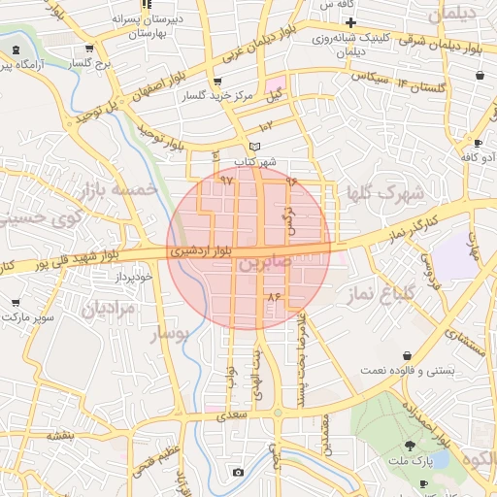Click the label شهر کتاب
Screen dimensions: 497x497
[261, 161]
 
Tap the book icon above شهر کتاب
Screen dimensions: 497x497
[254, 148]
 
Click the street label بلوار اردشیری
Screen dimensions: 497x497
[201, 249]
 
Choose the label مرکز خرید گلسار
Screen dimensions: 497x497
[219, 96]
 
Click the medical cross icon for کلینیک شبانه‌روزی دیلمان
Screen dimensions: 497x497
[351, 22]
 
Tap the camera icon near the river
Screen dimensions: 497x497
[238, 473]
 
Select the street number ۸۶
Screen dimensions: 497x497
[273, 295]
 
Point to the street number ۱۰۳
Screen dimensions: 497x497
[267, 126]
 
